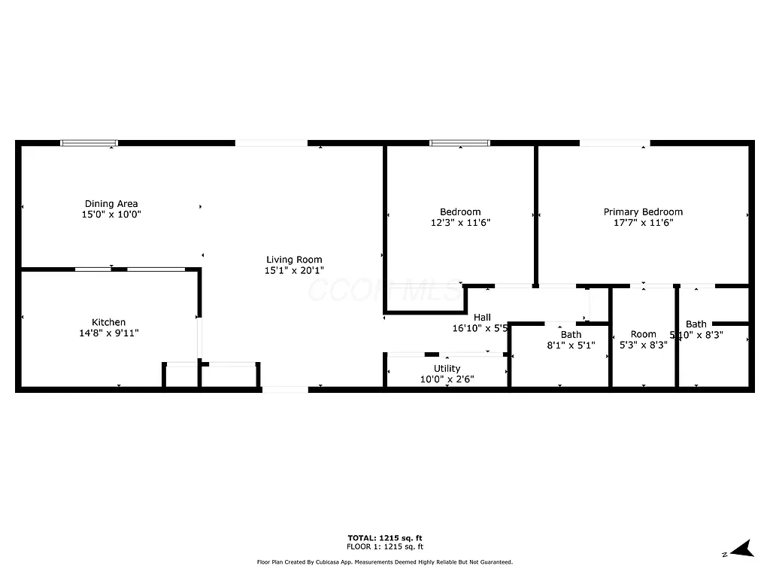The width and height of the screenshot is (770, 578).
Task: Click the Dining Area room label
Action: [111, 203]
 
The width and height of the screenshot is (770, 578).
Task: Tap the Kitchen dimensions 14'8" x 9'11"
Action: [109, 333]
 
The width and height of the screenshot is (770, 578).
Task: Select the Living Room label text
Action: [294, 260]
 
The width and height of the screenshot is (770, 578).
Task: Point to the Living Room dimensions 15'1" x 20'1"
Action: [294, 270]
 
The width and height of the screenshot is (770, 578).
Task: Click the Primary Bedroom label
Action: [643, 211]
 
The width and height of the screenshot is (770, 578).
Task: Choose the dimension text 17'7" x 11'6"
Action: [643, 222]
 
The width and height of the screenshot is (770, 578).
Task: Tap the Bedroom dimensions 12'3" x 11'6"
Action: [460, 222]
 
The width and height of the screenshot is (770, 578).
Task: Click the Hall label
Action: [482, 318]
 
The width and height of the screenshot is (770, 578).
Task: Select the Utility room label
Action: [447, 368]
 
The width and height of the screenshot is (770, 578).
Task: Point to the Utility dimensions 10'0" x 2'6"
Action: [447, 379]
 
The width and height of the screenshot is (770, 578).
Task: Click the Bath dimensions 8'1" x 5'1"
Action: [571, 345]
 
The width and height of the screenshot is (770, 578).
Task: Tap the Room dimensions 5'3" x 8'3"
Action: [643, 345]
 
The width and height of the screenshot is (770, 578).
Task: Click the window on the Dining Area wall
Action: [89, 142]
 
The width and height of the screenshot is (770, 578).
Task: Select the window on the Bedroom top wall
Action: [459, 142]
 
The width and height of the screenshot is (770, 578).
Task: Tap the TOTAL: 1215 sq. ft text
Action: [384, 537]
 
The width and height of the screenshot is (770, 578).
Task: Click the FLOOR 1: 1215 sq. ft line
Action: [384, 546]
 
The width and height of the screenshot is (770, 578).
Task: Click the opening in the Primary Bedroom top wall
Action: [614, 142]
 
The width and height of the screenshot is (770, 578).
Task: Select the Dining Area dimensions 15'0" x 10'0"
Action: [111, 214]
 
